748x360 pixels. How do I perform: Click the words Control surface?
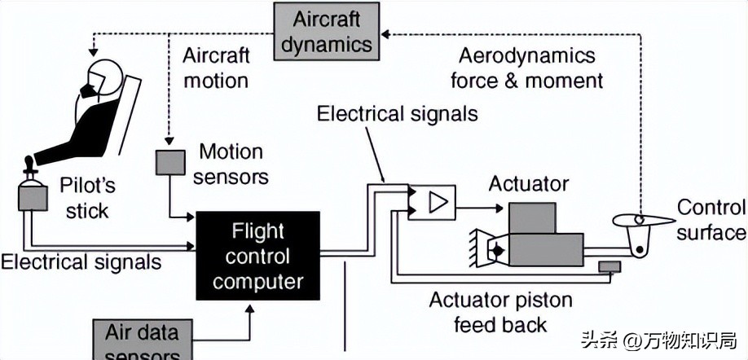711,220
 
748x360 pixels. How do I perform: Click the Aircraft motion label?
216,68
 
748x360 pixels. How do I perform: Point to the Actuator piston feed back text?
500,312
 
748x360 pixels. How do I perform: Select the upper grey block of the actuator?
531,217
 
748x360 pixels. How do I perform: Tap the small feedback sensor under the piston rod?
609,266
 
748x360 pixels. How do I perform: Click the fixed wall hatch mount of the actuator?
476,248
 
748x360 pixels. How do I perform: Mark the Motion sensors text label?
231,163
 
